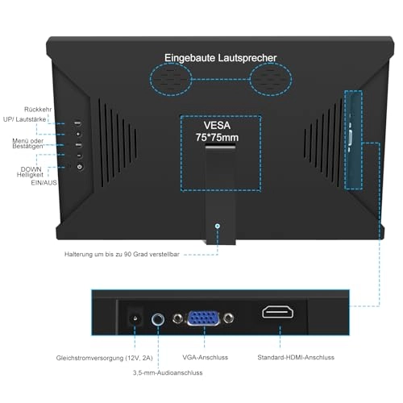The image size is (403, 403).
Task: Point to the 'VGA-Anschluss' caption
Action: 206,356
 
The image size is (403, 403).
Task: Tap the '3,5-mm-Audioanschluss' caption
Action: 168,372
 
